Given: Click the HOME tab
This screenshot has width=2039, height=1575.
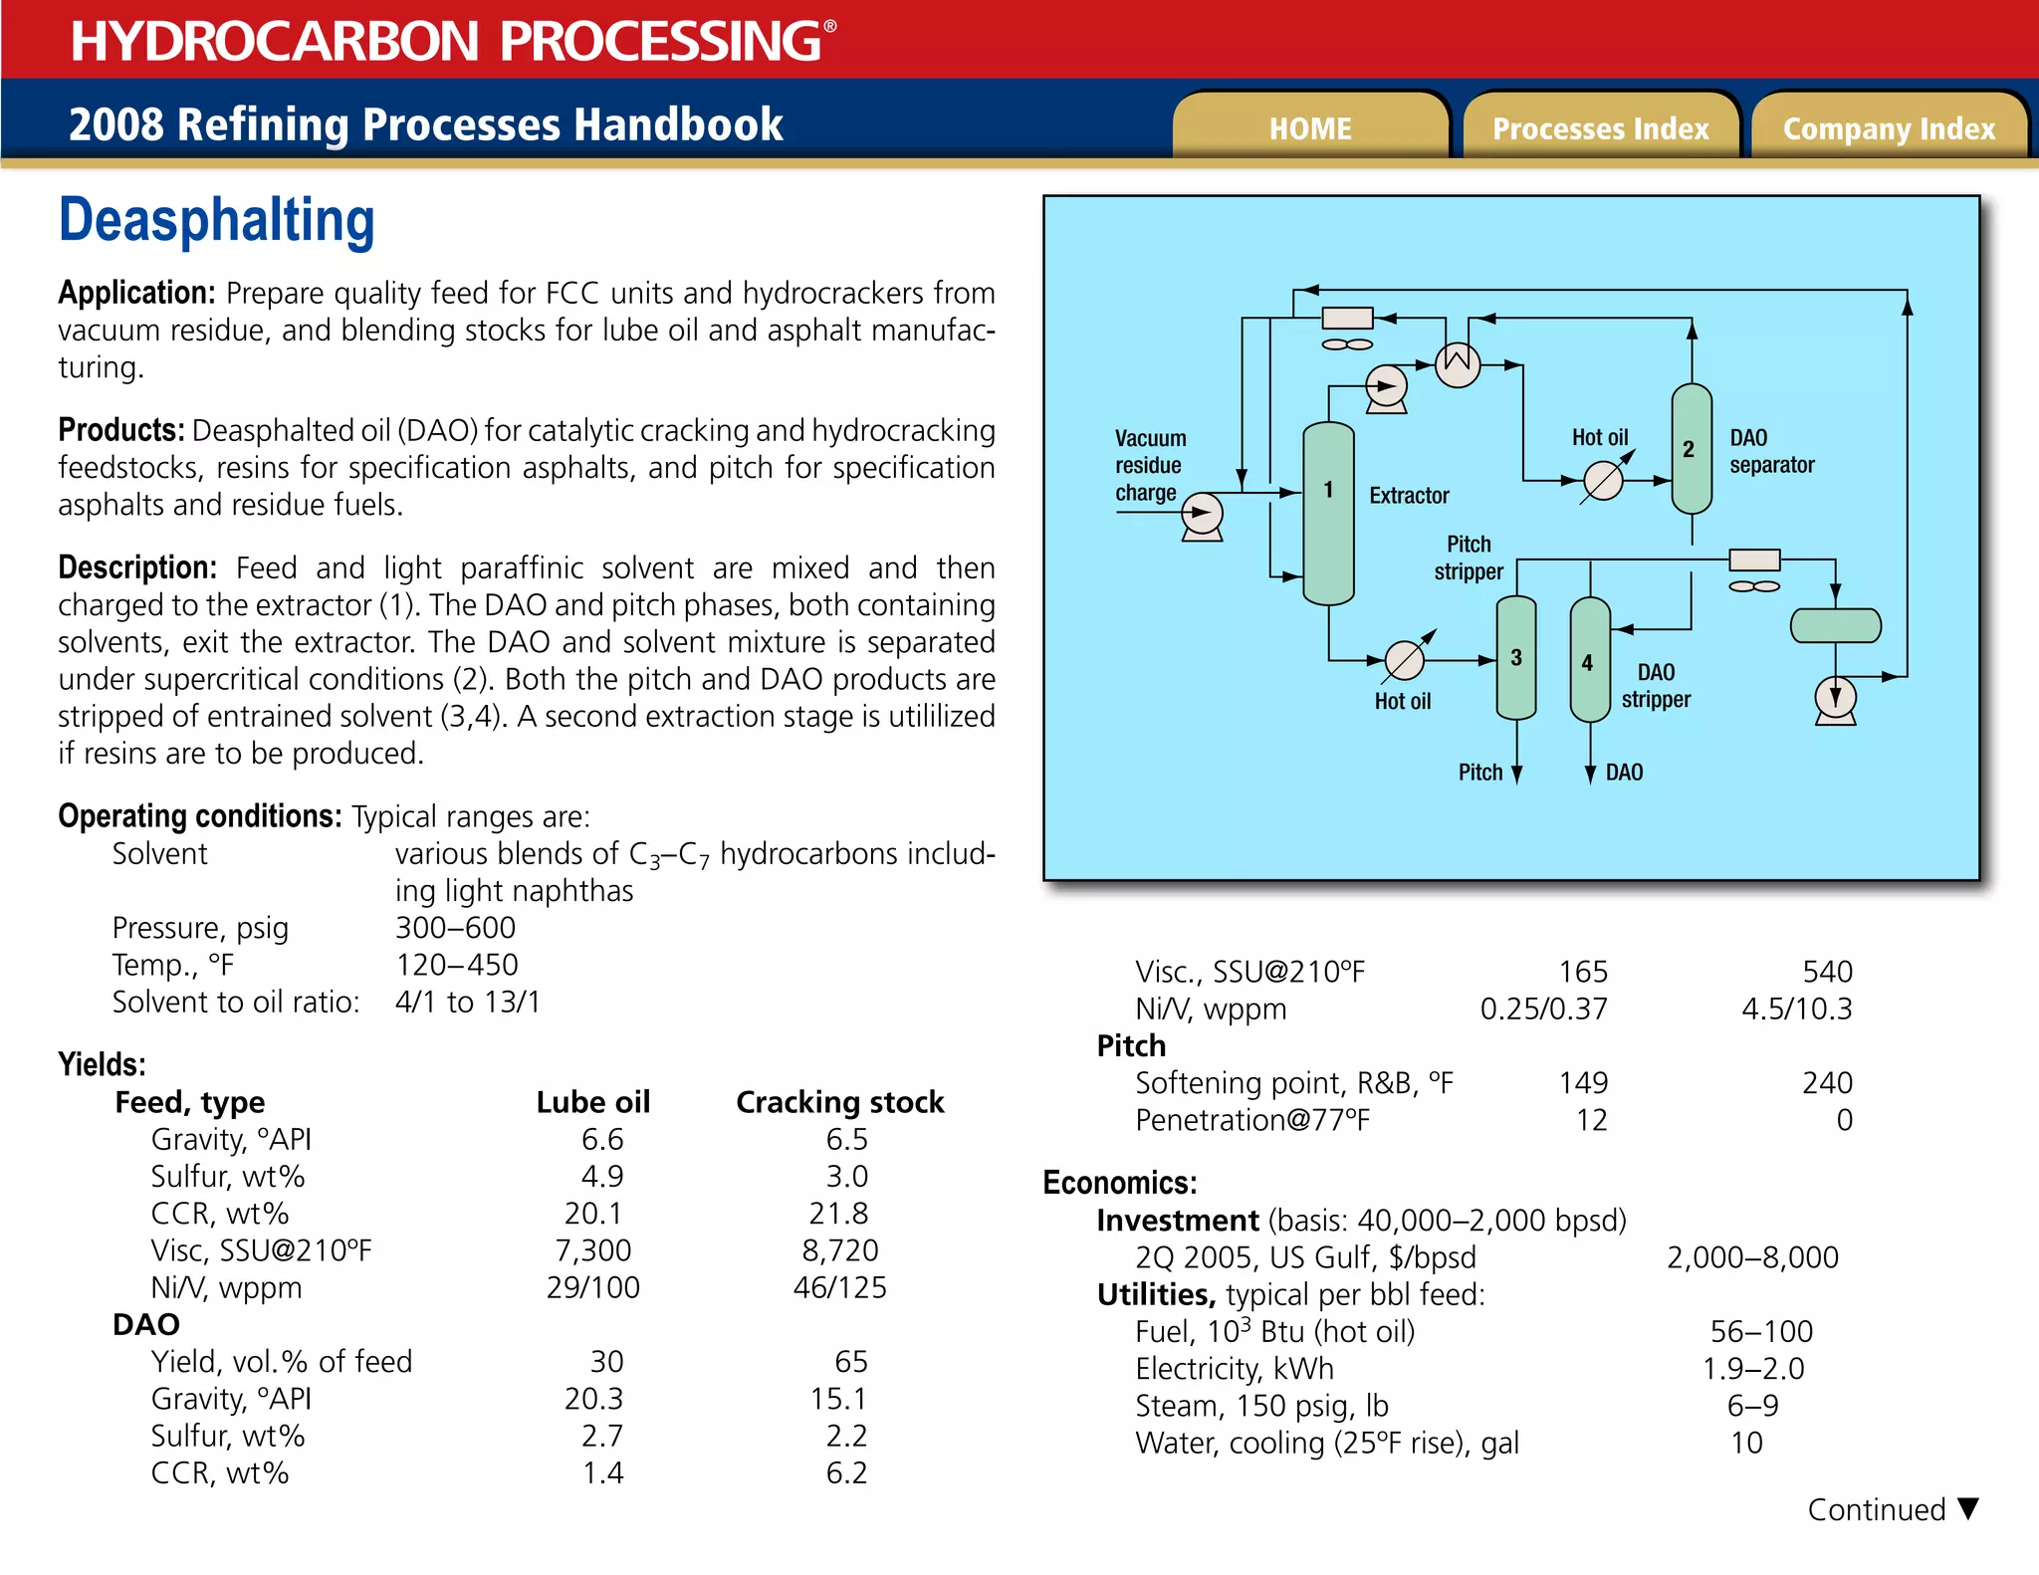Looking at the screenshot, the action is (1310, 128).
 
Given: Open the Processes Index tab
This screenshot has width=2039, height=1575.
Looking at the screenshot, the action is (1600, 128).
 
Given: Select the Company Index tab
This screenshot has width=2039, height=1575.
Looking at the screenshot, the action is (1889, 128).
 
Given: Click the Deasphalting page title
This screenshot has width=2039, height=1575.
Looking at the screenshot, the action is (217, 220).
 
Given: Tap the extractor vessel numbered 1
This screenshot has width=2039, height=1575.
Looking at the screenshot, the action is (1328, 513).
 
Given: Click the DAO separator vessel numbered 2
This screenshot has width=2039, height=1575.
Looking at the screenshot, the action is (1691, 449).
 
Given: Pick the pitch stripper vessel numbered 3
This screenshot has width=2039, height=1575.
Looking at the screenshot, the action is (1516, 658).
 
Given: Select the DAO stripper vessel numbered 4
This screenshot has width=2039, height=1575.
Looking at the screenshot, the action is (1589, 660).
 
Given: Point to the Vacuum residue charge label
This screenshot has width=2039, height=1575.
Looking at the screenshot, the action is (1150, 465).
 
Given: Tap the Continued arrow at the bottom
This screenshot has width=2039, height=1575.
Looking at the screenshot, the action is (1967, 1508).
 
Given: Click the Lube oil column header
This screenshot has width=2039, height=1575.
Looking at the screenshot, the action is (592, 1102).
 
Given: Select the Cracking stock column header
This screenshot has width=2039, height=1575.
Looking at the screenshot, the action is (839, 1102).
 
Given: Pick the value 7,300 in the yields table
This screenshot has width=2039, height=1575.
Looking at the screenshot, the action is (593, 1250).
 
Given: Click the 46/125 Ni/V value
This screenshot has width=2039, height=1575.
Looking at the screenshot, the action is (839, 1287).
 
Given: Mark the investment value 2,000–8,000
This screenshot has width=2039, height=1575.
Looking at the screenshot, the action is (1752, 1257).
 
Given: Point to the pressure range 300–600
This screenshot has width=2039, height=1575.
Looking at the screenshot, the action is (455, 928).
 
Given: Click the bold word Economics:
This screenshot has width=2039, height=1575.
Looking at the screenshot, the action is (1119, 1183).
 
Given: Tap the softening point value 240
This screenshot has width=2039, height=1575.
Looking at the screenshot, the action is (1827, 1083).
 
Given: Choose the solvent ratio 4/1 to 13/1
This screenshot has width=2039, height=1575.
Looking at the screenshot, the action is (467, 1002).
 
